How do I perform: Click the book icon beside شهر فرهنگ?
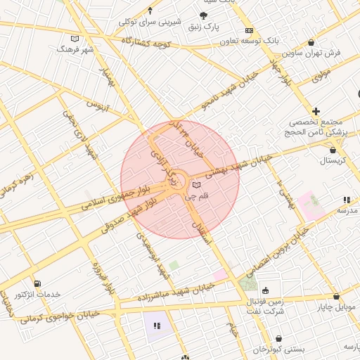tap(75, 39)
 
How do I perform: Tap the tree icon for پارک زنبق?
tap(203, 16)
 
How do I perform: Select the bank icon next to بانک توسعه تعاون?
tap(249, 31)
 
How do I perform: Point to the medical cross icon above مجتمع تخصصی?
tap(316, 111)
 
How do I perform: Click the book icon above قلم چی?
tap(195, 184)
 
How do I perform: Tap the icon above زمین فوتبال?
tap(265, 290)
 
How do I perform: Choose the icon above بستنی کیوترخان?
tap(278, 338)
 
